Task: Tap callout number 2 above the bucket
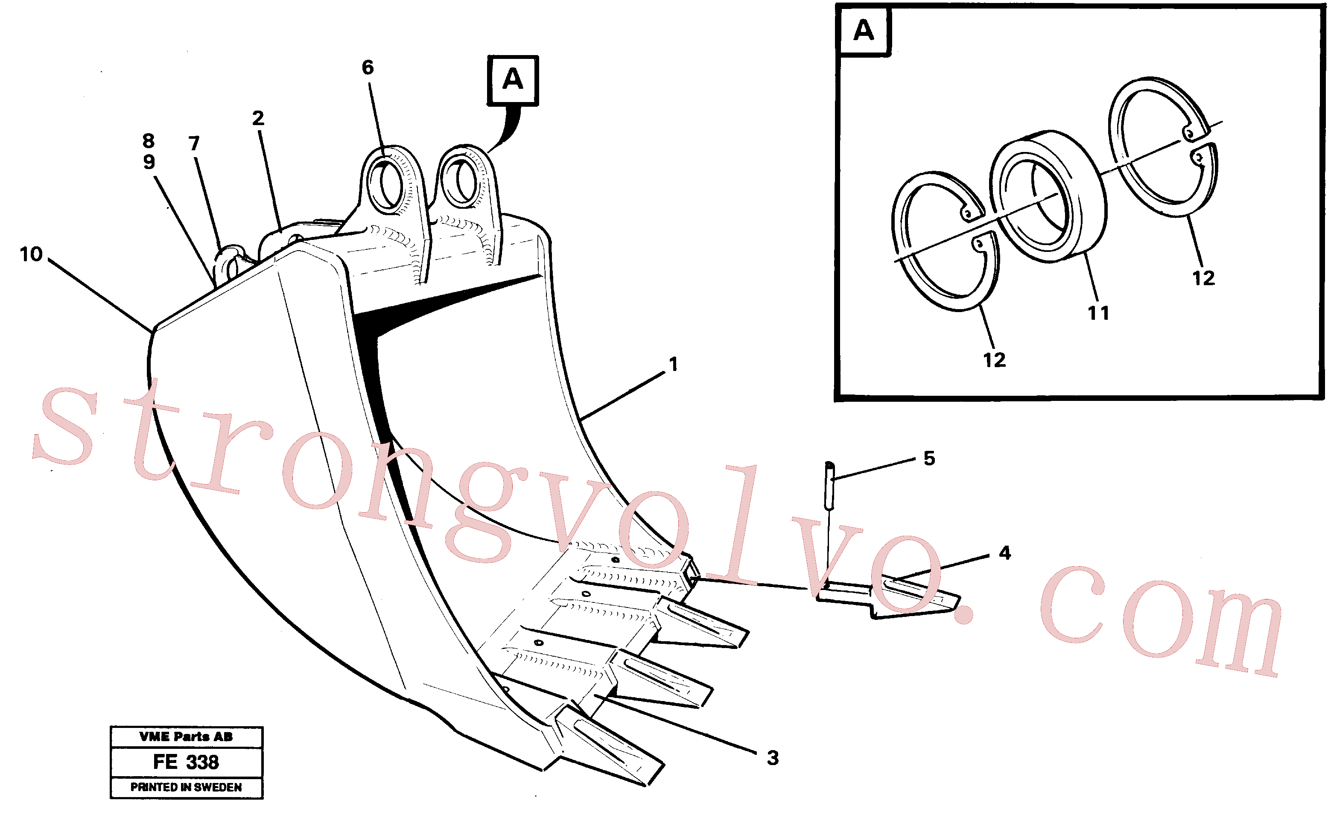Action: (x=258, y=118)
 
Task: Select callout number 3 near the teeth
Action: (x=773, y=758)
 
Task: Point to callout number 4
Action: (x=1005, y=553)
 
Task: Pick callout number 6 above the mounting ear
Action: (x=368, y=67)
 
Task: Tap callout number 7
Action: (x=194, y=143)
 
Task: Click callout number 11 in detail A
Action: (x=1099, y=313)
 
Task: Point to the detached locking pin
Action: (x=830, y=485)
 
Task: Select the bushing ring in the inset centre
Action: (x=1048, y=196)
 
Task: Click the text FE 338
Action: (x=186, y=762)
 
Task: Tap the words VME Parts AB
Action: (x=186, y=736)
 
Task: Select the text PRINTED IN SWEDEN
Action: (x=186, y=787)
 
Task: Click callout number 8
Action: (x=148, y=140)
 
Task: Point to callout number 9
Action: (x=149, y=162)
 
